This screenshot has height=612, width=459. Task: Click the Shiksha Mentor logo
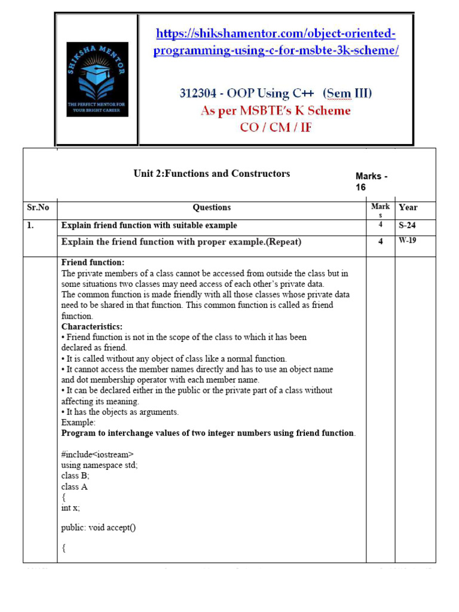tap(97, 79)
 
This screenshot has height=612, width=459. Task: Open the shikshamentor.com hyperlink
tap(276, 42)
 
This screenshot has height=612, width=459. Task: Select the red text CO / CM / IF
tap(276, 127)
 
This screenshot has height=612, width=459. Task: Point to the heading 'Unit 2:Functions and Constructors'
tap(212, 173)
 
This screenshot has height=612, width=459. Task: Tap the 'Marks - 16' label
tap(371, 182)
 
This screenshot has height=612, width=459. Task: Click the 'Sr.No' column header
tap(38, 207)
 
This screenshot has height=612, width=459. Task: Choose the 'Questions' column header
tap(212, 207)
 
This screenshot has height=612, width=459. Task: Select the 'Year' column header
tap(408, 207)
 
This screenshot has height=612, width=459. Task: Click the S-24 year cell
tap(408, 225)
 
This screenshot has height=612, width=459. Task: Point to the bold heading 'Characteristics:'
tap(91, 326)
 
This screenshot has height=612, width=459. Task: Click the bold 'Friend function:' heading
tap(93, 262)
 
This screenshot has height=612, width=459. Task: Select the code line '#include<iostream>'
tap(97, 454)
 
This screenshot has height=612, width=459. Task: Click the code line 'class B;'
tap(75, 476)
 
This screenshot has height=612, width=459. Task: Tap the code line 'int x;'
tap(71, 507)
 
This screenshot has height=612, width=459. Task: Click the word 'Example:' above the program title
tap(78, 423)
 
